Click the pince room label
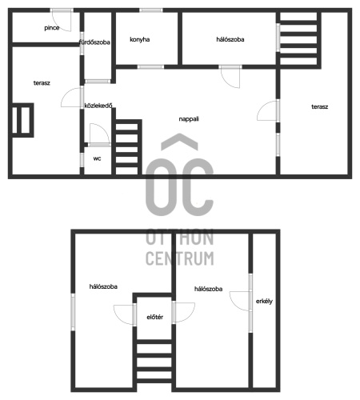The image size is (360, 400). pos(52,28)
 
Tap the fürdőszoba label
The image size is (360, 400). pos(94,42)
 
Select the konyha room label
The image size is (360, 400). pos(140,39)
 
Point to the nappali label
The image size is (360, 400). pos(189,119)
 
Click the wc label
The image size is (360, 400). pos(97,158)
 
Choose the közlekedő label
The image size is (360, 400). pos(98,106)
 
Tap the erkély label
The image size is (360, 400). pos(264,302)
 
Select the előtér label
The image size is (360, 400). pos(155,317)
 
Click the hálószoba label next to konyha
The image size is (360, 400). pos(230,39)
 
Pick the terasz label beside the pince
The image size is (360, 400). pos(42,83)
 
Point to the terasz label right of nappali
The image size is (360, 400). pos(320,106)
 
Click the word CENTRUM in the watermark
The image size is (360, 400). pos(180,258)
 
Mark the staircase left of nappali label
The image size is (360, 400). pos(127,147)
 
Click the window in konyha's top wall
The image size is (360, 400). pos(151,10)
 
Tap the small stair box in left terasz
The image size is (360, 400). pos(22,120)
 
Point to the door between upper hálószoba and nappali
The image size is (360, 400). pos(230,75)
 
